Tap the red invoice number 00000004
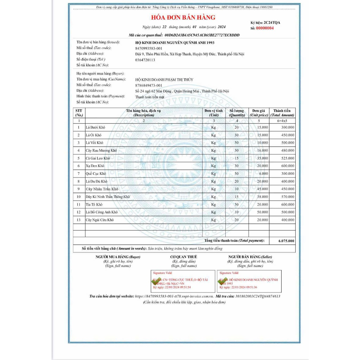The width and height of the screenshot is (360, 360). [x=265, y=28]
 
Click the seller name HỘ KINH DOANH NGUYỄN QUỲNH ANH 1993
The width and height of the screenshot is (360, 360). [x=174, y=43]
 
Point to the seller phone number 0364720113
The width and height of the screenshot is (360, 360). [x=145, y=60]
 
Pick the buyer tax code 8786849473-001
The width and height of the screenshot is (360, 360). [x=149, y=85]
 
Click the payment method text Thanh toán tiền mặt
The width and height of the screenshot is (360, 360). [x=150, y=97]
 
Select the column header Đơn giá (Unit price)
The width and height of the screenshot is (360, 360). [x=259, y=113]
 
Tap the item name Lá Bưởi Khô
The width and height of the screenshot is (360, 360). [x=96, y=127]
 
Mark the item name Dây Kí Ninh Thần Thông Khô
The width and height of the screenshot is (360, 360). [x=108, y=197]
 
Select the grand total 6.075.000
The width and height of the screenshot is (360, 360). [x=286, y=241]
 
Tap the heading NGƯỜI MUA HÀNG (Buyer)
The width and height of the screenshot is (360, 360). [x=118, y=257]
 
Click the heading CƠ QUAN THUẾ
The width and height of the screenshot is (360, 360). [x=184, y=257]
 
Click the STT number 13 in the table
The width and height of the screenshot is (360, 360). [x=79, y=220]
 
